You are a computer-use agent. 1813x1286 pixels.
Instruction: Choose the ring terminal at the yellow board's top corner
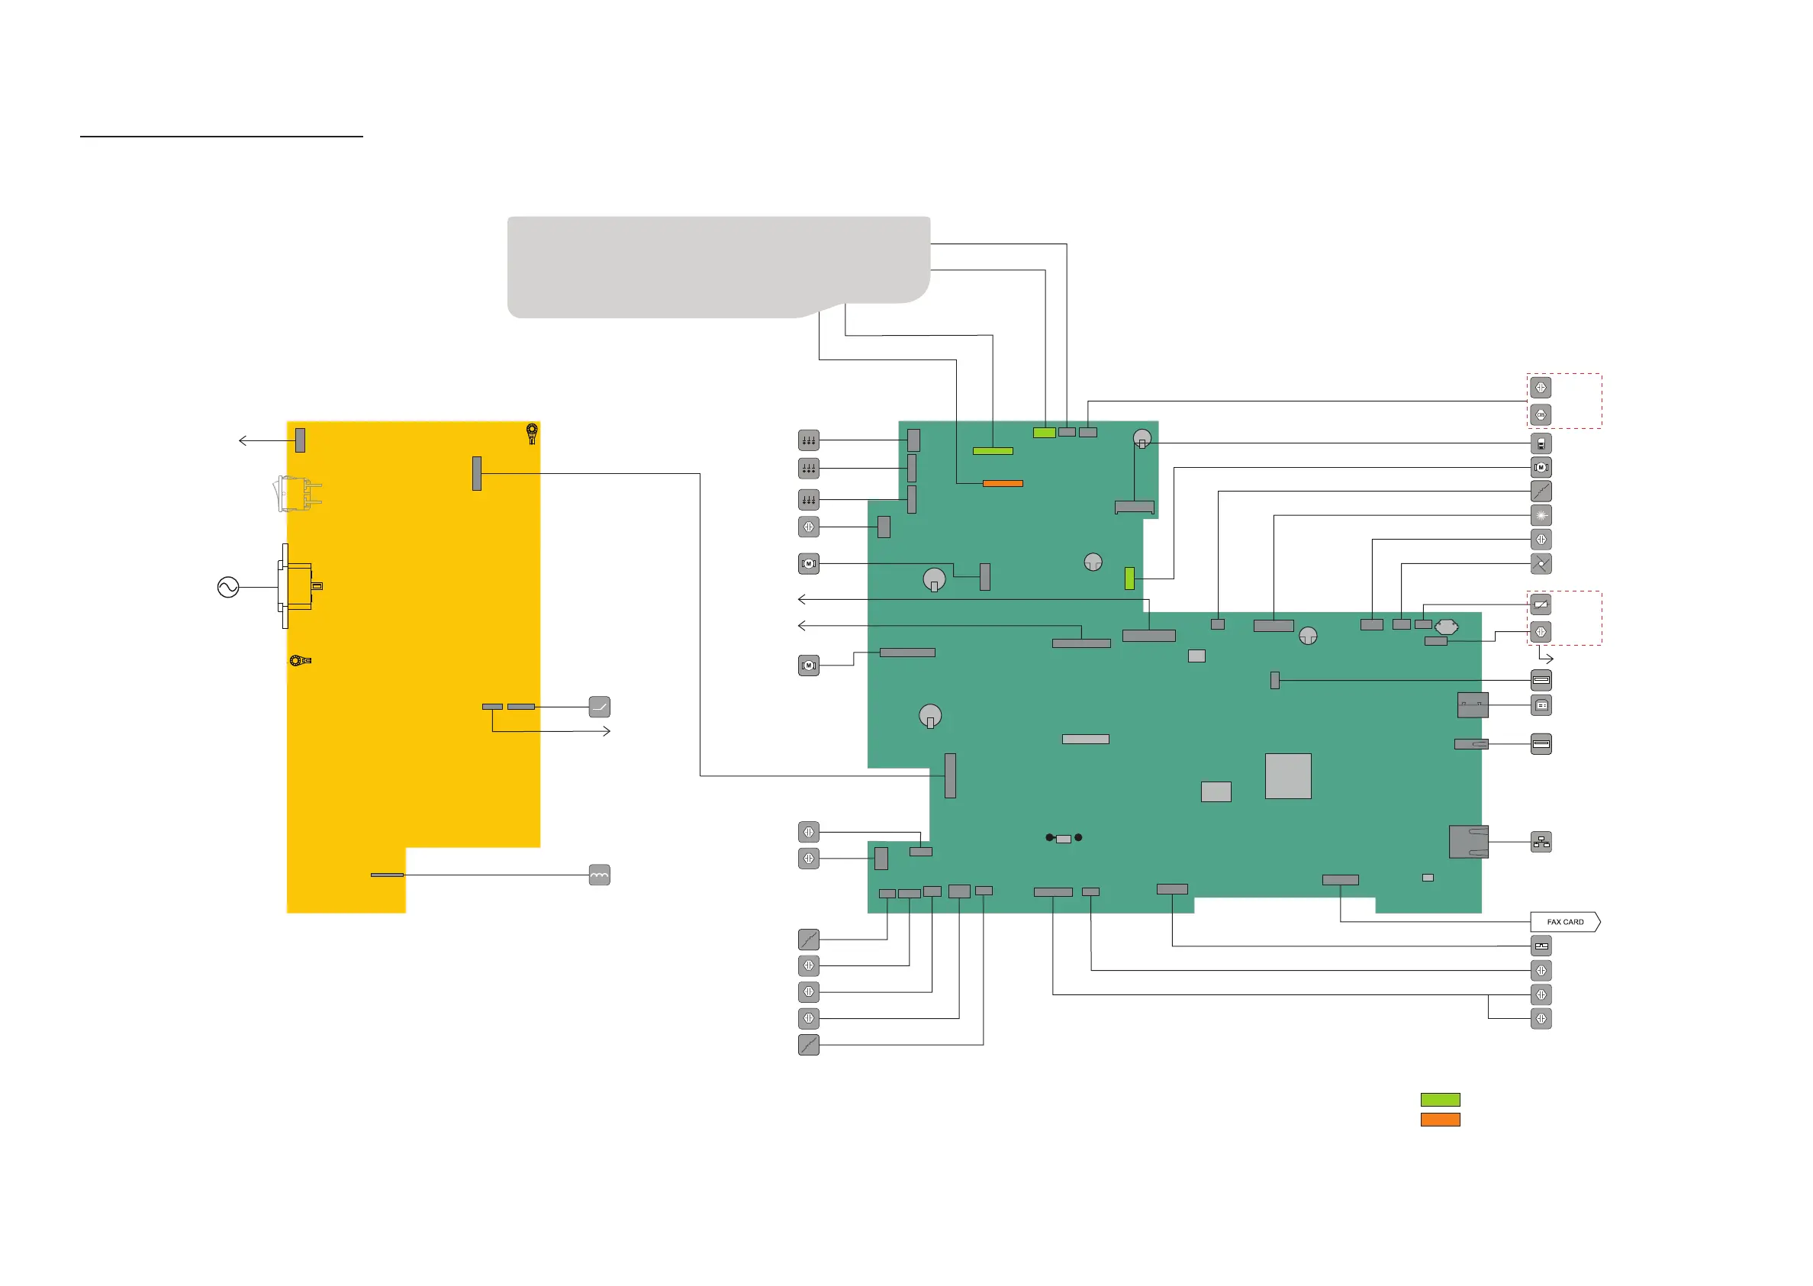pyautogui.click(x=532, y=433)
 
